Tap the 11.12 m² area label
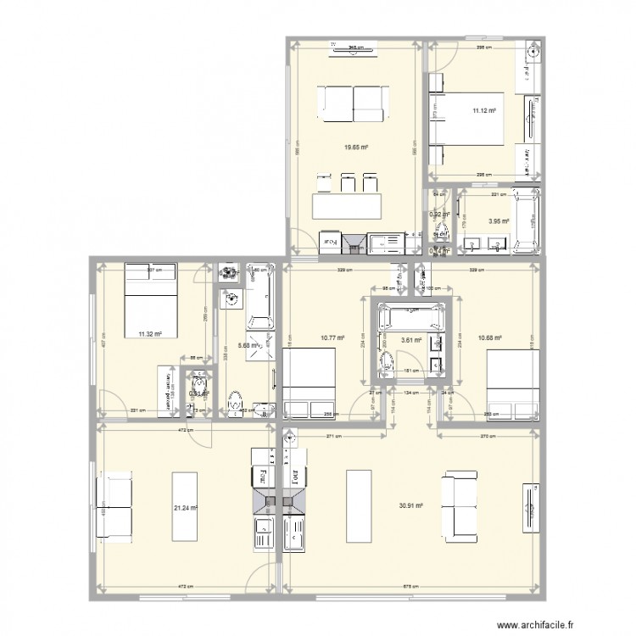point(484,110)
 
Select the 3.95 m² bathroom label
point(498,222)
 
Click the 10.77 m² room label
point(332,338)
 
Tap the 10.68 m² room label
point(490,338)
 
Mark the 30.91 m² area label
point(410,506)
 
